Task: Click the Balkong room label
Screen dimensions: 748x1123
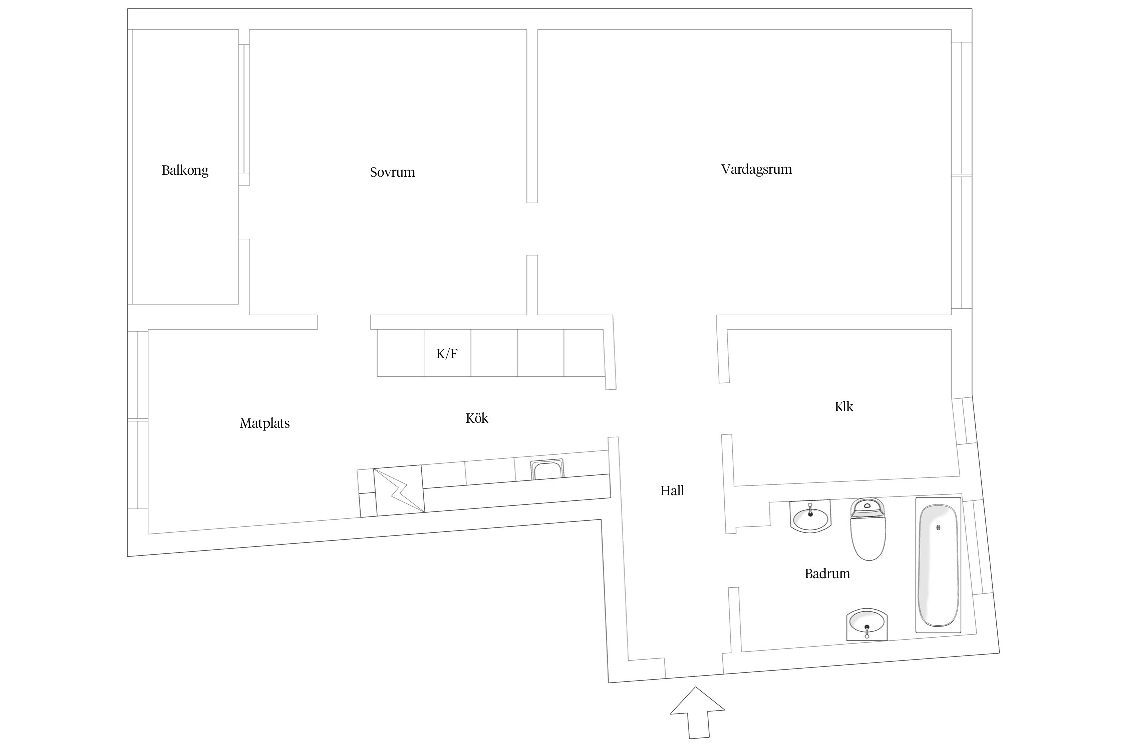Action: click(x=185, y=170)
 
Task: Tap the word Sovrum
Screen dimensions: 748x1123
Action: click(x=392, y=172)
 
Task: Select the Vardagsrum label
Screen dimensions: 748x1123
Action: click(x=756, y=169)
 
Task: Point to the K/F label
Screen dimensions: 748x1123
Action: click(x=447, y=354)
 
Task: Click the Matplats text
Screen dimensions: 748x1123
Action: click(x=265, y=423)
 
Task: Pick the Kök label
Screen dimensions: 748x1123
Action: click(x=477, y=418)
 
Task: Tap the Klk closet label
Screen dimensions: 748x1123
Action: click(x=843, y=407)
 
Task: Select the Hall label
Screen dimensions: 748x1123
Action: click(x=672, y=491)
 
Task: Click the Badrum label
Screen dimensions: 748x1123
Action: click(x=827, y=574)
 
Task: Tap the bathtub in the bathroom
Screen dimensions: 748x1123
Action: click(x=938, y=565)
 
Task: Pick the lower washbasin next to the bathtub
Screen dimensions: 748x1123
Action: click(x=867, y=624)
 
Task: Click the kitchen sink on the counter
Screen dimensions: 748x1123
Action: click(x=547, y=470)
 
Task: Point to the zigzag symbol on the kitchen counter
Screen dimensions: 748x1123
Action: click(x=399, y=490)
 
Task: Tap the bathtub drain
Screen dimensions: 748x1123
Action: click(x=938, y=527)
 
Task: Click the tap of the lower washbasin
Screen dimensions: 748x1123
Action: click(x=867, y=631)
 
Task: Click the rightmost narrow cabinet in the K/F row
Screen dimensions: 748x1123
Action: click(x=583, y=353)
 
